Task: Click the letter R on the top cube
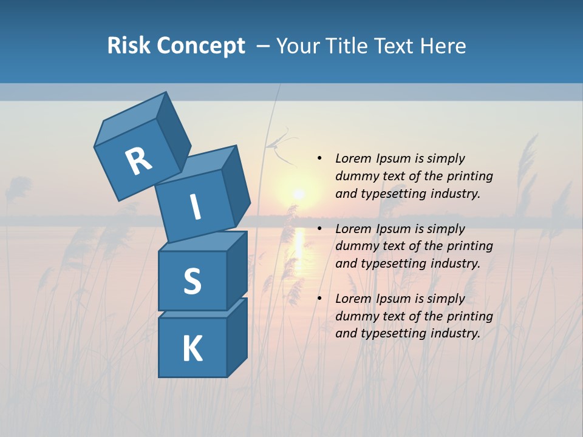coord(138,161)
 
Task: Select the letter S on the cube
coord(192,281)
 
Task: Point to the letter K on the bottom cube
coord(192,349)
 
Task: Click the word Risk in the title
coord(129,46)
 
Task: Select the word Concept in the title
coord(201,46)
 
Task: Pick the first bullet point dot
coord(319,158)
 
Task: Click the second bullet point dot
coord(319,229)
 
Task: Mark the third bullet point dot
coord(319,299)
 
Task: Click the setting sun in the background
coord(298,194)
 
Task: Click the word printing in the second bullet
coord(469,246)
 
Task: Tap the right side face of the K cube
coord(237,337)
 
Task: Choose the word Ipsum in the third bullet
coord(393,299)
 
